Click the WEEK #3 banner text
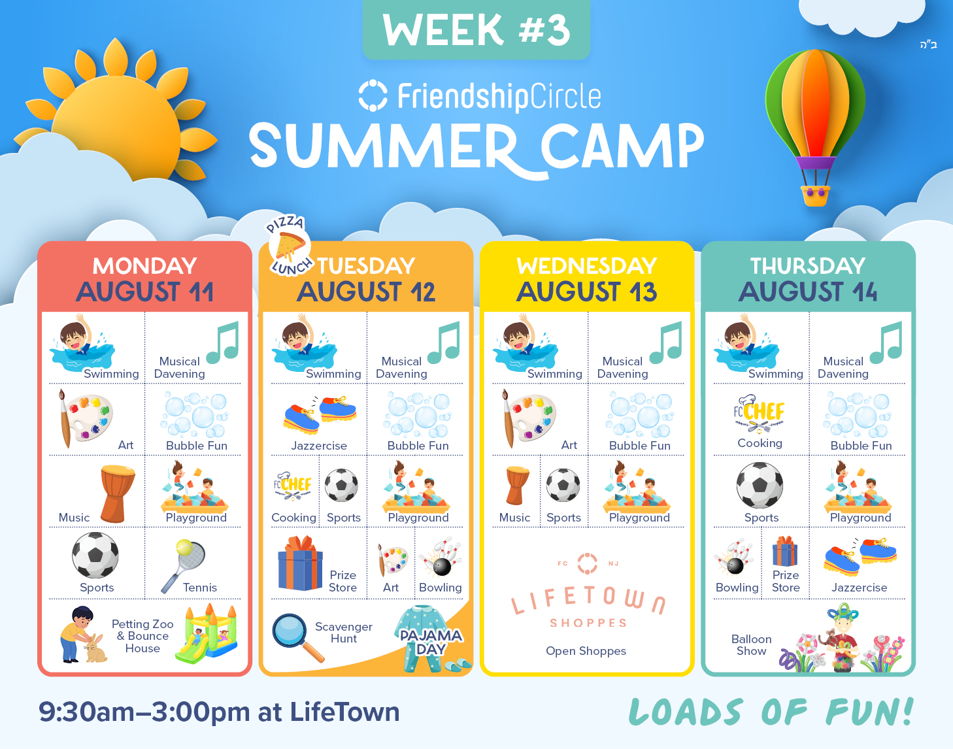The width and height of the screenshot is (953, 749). [x=477, y=29]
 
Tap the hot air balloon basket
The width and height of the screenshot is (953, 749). [x=815, y=195]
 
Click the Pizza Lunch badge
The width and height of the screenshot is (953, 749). [x=288, y=246]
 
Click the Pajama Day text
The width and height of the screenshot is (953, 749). [x=431, y=642]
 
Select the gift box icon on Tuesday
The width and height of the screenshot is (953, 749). [x=301, y=563]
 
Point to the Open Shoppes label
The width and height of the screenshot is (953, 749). [x=586, y=651]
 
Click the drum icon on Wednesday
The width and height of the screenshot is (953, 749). [x=517, y=486]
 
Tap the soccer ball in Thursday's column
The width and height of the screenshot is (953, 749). [x=760, y=486]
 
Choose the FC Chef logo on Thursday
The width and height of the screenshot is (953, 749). [x=759, y=414]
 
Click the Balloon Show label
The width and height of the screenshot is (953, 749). [x=751, y=645]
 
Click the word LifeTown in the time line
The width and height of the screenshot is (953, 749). [x=344, y=712]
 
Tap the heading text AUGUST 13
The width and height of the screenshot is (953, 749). [x=587, y=292]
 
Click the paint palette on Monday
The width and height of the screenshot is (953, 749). [x=85, y=418]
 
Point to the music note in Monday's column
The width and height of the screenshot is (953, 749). [x=223, y=342]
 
